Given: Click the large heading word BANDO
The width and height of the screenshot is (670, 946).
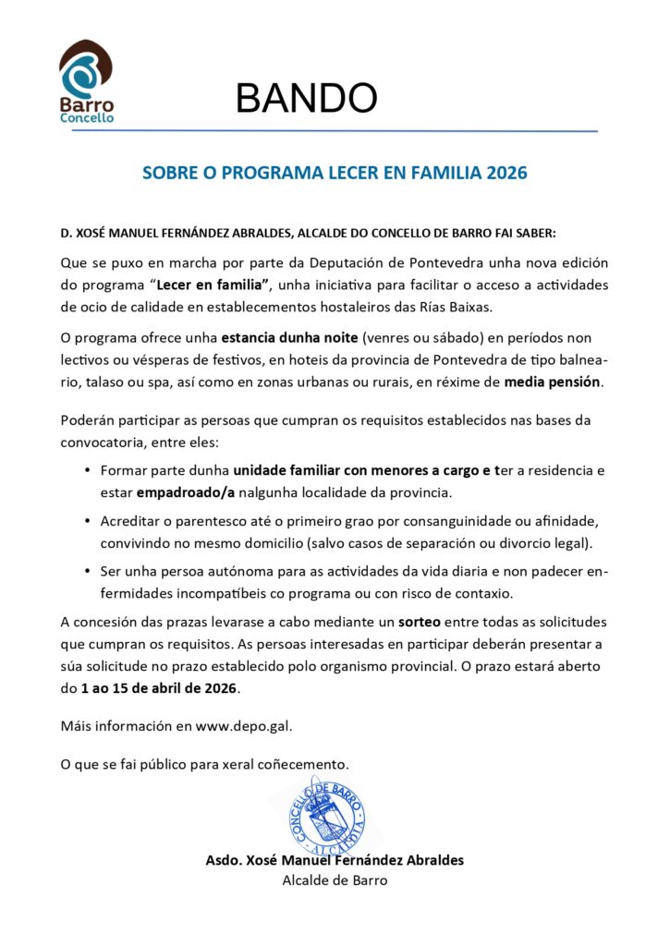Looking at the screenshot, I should click(x=306, y=98).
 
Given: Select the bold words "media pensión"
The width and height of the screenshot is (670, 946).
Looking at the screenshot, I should click(x=553, y=381).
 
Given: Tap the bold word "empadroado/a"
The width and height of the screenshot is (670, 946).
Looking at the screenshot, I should click(x=185, y=492).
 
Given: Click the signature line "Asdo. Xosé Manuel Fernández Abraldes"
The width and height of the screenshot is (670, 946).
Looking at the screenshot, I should click(x=335, y=860).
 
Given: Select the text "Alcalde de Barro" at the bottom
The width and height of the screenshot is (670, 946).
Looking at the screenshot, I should click(x=335, y=880).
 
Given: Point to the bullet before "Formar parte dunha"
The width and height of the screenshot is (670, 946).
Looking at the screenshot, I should click(x=88, y=470).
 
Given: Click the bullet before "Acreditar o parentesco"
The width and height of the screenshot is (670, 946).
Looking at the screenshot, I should click(x=88, y=521).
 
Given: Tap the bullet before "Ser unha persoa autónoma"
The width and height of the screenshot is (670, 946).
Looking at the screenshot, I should click(x=88, y=572).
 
